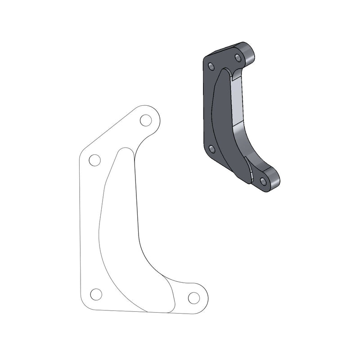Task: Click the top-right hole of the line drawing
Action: point(145,121)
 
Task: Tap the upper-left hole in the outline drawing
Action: point(94,160)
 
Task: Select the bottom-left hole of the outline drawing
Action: point(95,294)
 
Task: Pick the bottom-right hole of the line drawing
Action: point(193,297)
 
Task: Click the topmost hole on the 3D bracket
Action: point(237,57)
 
